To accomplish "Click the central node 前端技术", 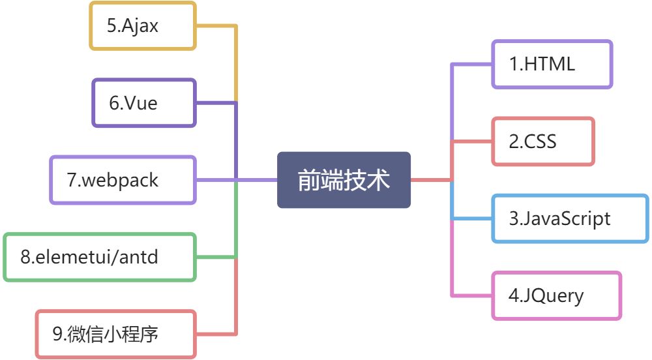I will [344, 180].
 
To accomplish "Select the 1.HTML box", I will [552, 64].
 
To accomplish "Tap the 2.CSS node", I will [542, 141].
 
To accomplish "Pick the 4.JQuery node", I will [556, 295].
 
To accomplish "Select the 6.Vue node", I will [143, 103].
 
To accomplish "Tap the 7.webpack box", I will [123, 180].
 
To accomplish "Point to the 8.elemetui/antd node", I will [99, 257].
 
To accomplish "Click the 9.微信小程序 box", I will [115, 334].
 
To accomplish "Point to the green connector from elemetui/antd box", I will [216, 257].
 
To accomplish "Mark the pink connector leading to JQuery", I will [471, 295].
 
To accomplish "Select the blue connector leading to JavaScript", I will [471, 218].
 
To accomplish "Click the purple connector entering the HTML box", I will [471, 64].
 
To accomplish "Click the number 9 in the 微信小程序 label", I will [57, 334].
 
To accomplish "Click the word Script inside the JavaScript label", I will [589, 218].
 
